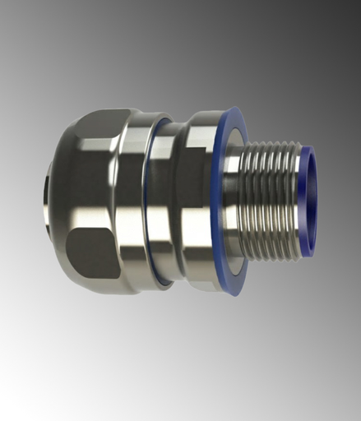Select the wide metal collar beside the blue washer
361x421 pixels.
pyautogui.click(x=194, y=201)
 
